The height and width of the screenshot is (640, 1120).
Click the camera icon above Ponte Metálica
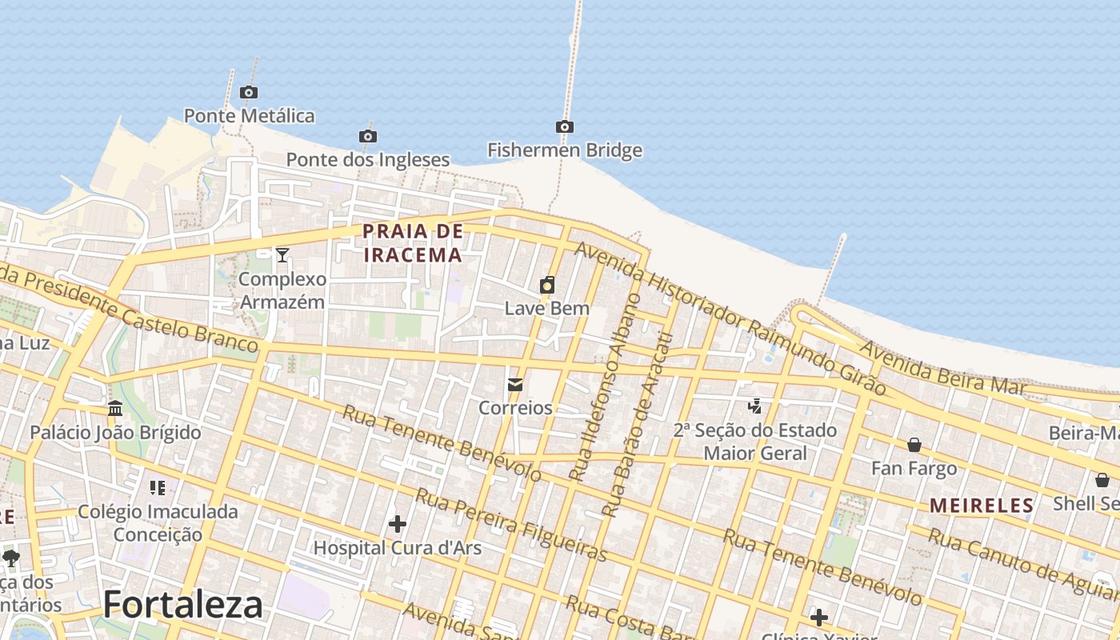tap(249, 92)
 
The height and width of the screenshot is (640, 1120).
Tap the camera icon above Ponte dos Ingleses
tap(368, 136)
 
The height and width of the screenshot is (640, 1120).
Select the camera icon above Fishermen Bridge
tap(564, 126)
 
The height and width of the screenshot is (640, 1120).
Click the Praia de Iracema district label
tap(413, 243)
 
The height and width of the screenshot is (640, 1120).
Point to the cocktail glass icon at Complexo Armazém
tap(282, 255)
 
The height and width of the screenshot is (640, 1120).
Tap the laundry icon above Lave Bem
tap(547, 285)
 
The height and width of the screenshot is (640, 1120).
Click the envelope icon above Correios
tap(515, 385)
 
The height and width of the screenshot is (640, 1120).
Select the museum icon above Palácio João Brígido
tap(115, 409)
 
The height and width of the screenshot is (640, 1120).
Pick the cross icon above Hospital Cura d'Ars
tap(397, 524)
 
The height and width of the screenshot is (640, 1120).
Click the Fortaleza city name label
tap(182, 604)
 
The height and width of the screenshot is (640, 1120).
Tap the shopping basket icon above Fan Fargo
tap(914, 445)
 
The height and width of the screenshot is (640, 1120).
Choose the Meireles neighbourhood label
tap(982, 506)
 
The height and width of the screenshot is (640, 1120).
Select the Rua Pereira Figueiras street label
tap(511, 526)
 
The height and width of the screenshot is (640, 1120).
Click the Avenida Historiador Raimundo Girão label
tap(730, 318)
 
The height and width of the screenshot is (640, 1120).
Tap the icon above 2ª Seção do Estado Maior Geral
tap(754, 406)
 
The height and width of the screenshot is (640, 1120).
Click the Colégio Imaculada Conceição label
tap(158, 522)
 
